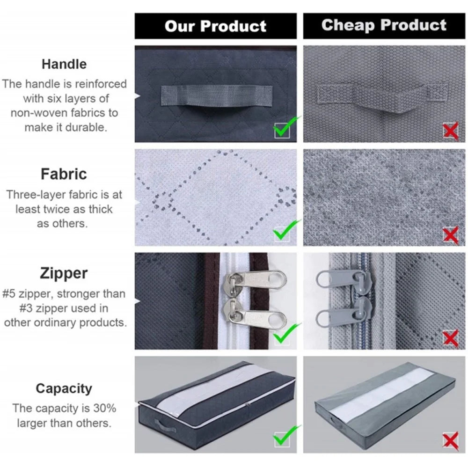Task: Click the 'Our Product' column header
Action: [215, 26]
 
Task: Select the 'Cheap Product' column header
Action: [384, 25]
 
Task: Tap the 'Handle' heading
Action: [64, 64]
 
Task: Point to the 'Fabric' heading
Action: [64, 174]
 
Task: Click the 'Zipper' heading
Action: [64, 273]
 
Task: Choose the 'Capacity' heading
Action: [64, 388]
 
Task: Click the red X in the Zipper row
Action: [450, 338]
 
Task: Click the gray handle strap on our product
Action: [217, 95]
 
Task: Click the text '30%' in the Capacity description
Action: [104, 408]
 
